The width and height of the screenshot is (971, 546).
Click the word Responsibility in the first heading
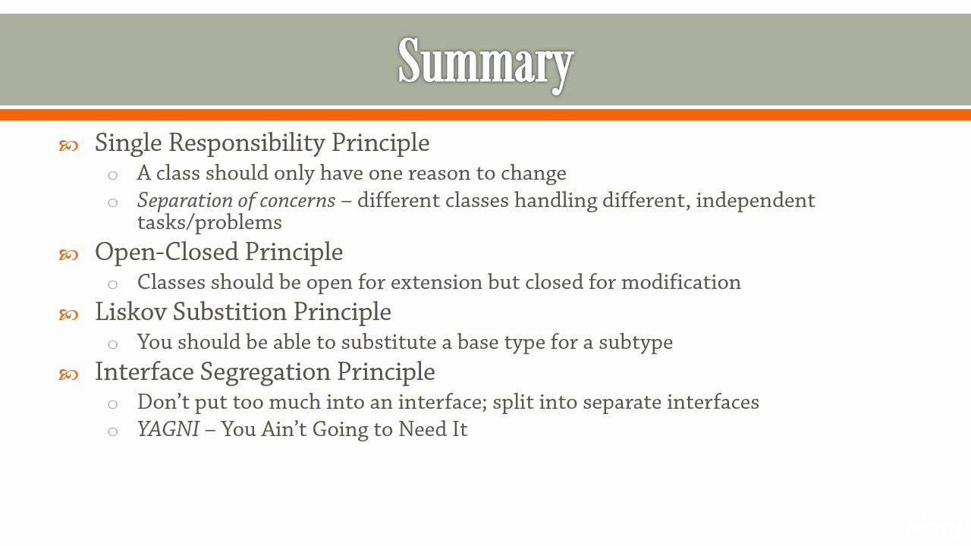click(247, 143)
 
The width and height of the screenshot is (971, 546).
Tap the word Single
click(128, 143)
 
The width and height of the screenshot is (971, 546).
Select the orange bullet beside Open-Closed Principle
click(68, 255)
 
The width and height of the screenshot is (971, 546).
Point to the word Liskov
click(130, 312)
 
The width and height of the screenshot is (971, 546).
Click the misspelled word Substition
click(230, 312)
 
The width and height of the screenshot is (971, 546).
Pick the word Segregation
click(266, 372)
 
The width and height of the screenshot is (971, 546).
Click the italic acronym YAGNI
click(168, 429)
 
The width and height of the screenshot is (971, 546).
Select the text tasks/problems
click(209, 223)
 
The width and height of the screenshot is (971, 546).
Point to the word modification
click(681, 282)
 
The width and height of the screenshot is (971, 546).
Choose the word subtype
click(636, 343)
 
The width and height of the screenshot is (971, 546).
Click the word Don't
click(163, 402)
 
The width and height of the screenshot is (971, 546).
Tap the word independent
click(756, 201)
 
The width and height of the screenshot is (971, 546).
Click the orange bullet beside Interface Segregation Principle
click(68, 375)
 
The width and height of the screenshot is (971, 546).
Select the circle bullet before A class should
click(113, 175)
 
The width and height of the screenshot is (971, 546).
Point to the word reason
click(438, 174)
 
